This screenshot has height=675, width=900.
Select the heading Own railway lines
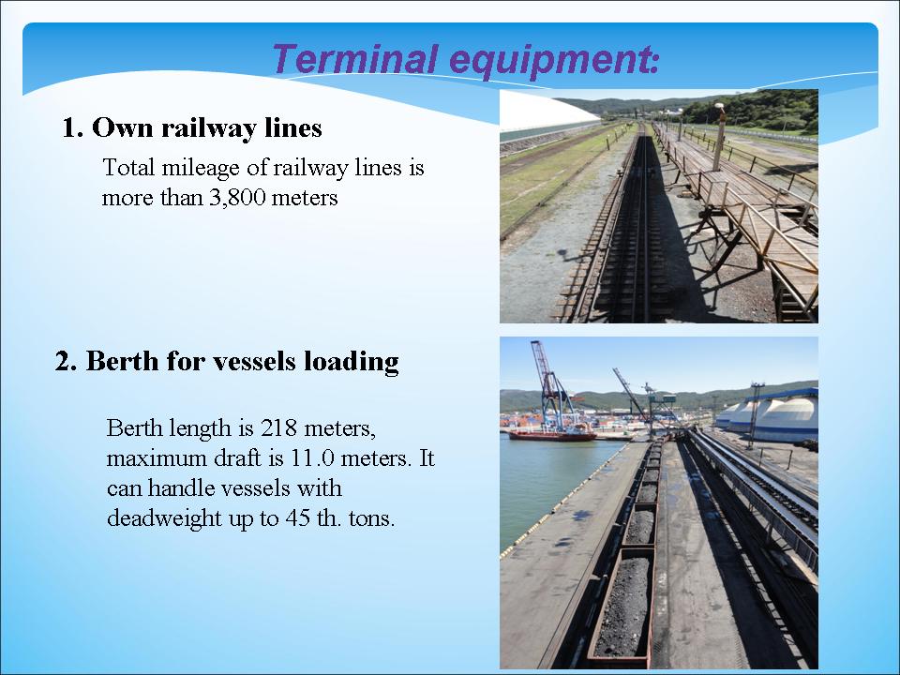point(206,128)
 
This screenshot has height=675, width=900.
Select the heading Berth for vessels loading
point(242,362)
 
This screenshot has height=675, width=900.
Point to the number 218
point(279,428)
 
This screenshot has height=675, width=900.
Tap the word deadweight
point(164,518)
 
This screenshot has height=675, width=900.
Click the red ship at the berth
point(551,434)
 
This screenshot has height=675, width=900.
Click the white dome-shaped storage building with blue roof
point(772,414)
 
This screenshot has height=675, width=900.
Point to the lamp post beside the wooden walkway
point(719,137)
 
